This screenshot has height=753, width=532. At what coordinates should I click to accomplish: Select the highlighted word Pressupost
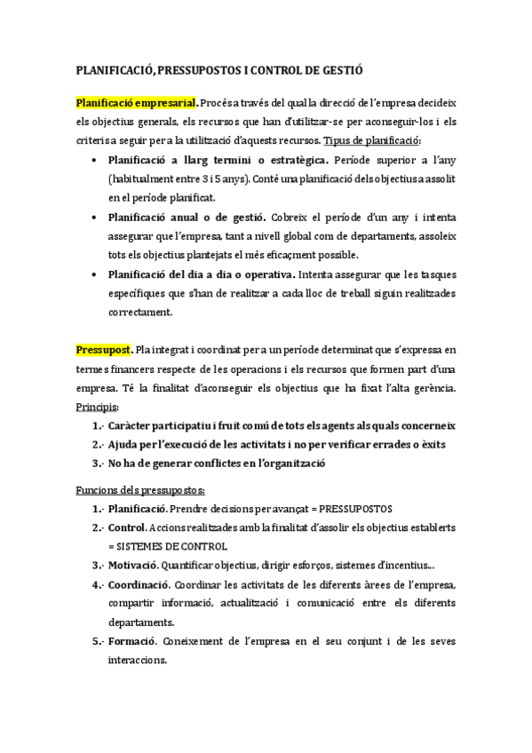(105, 351)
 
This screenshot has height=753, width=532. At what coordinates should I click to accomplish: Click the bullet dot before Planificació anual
(94, 216)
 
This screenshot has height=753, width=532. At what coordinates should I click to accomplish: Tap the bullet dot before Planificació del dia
(94, 274)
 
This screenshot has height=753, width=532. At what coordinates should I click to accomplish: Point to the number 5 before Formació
(95, 642)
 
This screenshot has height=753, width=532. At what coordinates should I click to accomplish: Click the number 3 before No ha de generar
(95, 464)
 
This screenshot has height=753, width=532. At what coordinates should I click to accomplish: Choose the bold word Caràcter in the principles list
(134, 426)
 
